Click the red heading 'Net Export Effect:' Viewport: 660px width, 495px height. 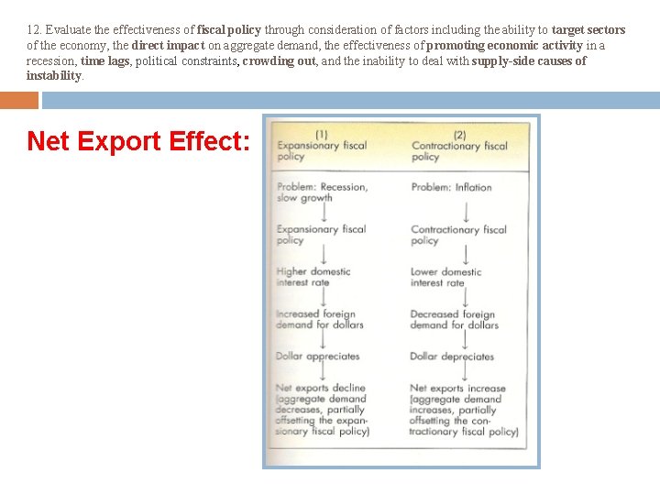(x=137, y=141)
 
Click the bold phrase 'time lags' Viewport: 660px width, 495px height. (x=105, y=60)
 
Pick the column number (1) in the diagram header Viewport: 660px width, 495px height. (x=321, y=134)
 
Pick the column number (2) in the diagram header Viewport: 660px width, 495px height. (x=459, y=134)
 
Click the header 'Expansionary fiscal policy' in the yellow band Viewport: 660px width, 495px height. (x=321, y=151)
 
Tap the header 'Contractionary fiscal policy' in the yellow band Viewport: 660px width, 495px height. (x=458, y=151)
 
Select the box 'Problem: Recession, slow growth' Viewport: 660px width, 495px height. (x=322, y=192)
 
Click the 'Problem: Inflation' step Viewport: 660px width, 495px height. (x=451, y=187)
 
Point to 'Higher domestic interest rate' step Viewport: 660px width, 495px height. (x=313, y=277)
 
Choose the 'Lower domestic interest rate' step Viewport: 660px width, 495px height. (x=445, y=277)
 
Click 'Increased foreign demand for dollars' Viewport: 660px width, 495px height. (x=319, y=319)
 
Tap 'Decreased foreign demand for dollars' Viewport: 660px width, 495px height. (x=454, y=319)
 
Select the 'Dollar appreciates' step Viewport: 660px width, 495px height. (x=317, y=357)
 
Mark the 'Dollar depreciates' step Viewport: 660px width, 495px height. (x=451, y=357)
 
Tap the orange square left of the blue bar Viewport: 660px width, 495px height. (x=19, y=100)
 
